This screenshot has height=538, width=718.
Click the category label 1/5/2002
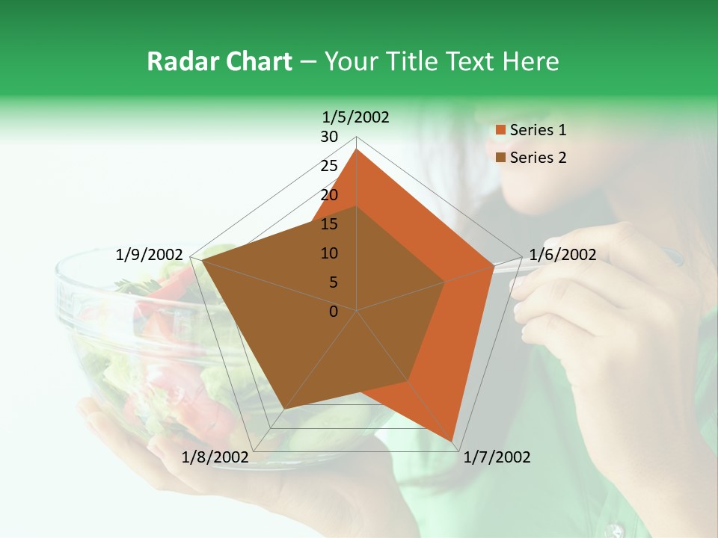pos(356,117)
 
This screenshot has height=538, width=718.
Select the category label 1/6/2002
pos(562,255)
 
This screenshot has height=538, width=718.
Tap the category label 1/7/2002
pos(497,457)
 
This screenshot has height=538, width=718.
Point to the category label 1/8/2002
pos(215,457)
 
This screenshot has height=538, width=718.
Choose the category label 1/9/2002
pos(150,255)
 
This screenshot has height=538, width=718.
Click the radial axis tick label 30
pos(329,137)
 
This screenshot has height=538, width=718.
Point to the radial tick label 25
pos(329,166)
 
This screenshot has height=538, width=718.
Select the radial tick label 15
pos(329,224)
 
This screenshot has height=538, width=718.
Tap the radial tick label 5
pos(333,282)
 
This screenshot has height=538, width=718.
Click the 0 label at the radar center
pos(334,312)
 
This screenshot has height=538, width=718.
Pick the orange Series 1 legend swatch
pos(500,131)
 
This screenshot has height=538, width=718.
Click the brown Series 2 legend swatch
pos(500,158)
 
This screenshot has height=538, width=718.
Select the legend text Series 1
pos(538,130)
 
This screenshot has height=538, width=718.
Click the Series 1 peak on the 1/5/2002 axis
pos(357,149)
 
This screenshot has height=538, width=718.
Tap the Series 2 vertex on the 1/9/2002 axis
pos(202,261)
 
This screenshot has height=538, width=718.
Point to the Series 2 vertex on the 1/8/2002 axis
pos(283,409)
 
